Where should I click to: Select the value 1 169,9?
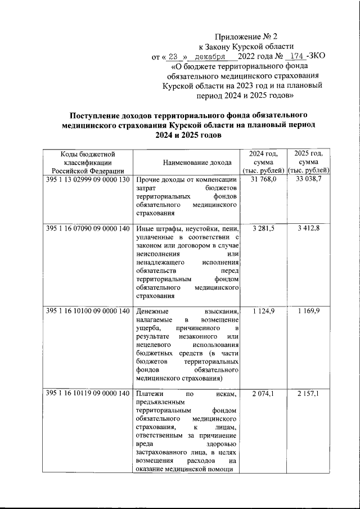(309, 311)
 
